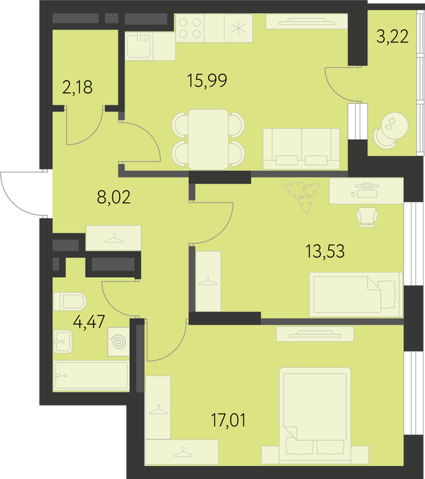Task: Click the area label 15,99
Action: tap(207, 81)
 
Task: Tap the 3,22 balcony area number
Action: tap(392, 37)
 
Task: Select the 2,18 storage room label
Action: tap(77, 87)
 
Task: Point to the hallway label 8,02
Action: tap(114, 197)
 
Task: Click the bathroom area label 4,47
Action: tap(89, 322)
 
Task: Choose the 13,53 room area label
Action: tap(325, 251)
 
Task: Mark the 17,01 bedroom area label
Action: tap(229, 420)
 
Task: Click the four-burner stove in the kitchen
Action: tap(190, 28)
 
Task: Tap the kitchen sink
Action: tap(139, 46)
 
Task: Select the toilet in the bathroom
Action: tap(70, 301)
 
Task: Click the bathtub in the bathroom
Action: tap(91, 376)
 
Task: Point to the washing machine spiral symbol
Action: tap(118, 342)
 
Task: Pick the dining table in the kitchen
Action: tap(208, 140)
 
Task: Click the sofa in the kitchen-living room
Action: tap(301, 148)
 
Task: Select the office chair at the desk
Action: tap(367, 217)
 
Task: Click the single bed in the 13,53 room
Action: tap(356, 294)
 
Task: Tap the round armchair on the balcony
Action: tap(391, 130)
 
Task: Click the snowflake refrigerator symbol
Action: tap(238, 28)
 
